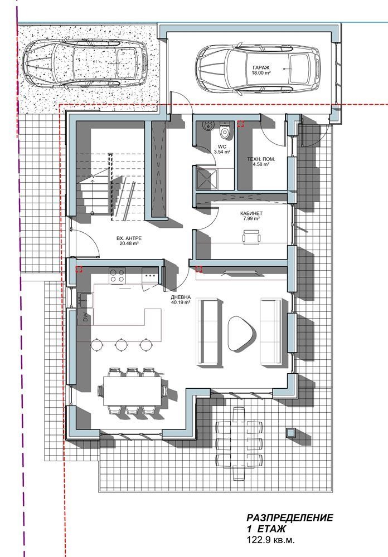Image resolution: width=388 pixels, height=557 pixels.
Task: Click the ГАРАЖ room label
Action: click(x=261, y=67)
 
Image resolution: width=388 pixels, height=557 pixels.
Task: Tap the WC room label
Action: click(x=222, y=146)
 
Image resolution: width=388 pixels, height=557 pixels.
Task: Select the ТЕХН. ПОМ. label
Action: click(x=261, y=159)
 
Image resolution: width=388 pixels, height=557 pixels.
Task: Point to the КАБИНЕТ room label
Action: click(x=251, y=213)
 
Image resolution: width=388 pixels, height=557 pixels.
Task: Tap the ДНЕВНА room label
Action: click(x=181, y=297)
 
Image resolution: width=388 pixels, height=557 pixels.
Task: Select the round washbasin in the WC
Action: click(x=208, y=125)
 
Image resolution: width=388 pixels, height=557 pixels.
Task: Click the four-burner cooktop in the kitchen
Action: click(x=117, y=275)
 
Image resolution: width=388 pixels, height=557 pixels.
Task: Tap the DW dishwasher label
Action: click(x=85, y=318)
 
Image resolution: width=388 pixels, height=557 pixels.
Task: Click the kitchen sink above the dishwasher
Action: click(x=85, y=301)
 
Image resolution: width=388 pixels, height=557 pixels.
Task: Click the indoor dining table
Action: click(x=132, y=391)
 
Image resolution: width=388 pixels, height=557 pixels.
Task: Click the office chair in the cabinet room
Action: click(x=252, y=237)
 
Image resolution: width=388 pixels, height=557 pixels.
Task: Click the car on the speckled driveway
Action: click(x=85, y=62)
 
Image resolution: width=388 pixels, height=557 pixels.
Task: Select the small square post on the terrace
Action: click(x=291, y=432)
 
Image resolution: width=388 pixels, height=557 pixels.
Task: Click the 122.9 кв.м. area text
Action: click(x=271, y=540)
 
